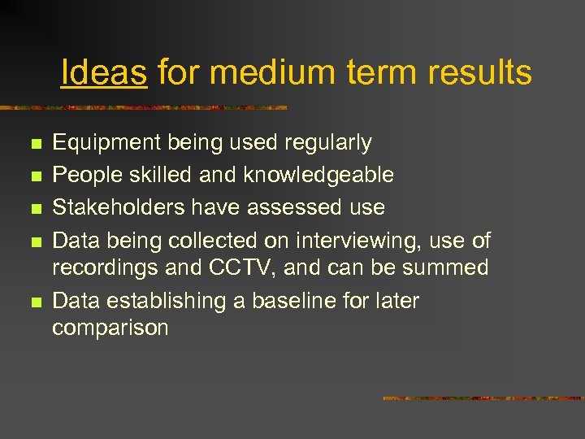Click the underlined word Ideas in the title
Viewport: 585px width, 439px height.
tap(104, 73)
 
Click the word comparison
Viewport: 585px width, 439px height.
tap(110, 328)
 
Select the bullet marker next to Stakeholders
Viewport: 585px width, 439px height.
tap(34, 208)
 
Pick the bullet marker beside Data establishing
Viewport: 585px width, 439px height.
tap(34, 302)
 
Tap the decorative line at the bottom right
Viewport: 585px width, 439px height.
tap(483, 398)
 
